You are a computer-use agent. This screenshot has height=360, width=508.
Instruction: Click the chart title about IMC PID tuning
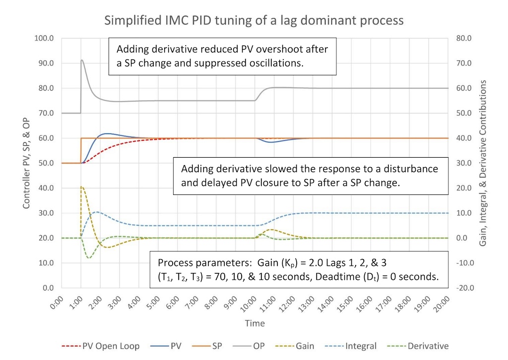[254, 20]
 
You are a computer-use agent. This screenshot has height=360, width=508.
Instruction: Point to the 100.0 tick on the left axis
[45, 38]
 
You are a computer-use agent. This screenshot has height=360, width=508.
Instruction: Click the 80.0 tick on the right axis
[463, 38]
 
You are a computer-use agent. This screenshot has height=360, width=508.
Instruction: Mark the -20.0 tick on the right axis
[463, 288]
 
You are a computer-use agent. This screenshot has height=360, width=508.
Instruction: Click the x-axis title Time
[254, 323]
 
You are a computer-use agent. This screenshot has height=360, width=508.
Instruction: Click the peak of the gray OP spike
[82, 60]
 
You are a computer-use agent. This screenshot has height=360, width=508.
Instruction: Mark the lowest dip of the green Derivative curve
[89, 258]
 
